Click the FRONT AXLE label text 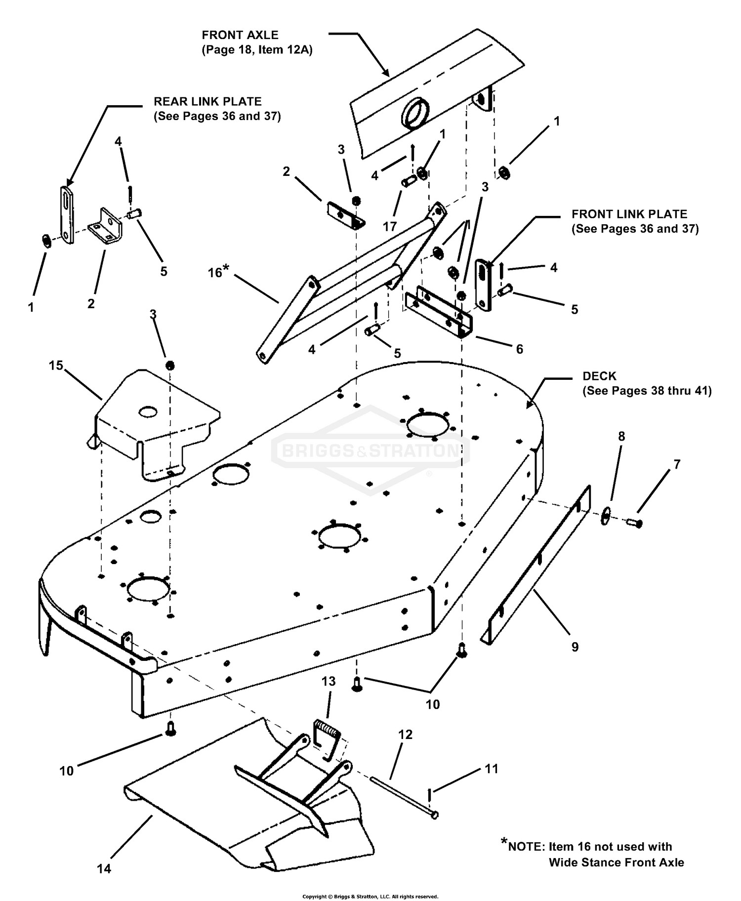(240, 35)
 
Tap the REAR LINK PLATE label (207, 101)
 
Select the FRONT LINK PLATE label (629, 214)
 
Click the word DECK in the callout (599, 376)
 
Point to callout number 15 (56, 365)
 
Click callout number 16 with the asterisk (218, 271)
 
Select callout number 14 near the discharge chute (104, 868)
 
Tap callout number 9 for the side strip (575, 647)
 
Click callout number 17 (390, 226)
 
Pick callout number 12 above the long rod (405, 735)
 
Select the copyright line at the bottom (370, 896)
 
